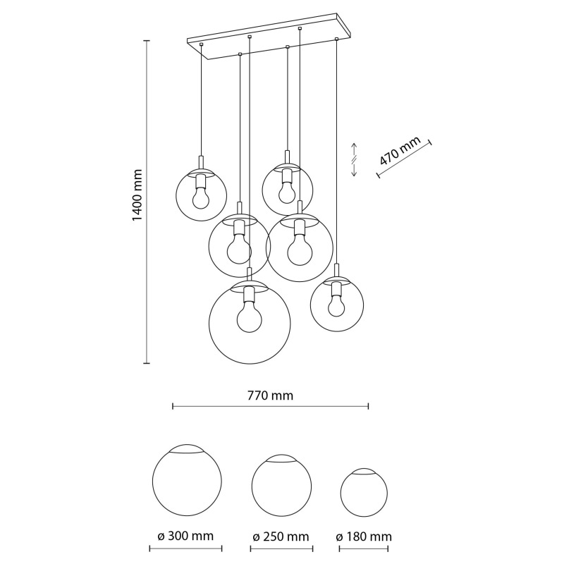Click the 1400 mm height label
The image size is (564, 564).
[137, 195]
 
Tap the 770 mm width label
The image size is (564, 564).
[270, 396]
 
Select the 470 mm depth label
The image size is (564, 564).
[400, 150]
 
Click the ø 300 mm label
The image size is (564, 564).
[185, 536]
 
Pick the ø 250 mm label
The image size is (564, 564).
[281, 537]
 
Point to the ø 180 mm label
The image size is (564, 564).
[364, 537]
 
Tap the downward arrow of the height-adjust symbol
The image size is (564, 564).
[354, 170]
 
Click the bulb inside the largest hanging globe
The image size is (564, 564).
[250, 319]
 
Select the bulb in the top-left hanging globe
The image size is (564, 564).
[201, 198]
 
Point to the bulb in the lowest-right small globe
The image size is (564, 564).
[336, 307]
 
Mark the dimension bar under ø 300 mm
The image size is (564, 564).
[185, 549]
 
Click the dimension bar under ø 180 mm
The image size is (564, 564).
[364, 549]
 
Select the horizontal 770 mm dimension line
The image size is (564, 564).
[271, 407]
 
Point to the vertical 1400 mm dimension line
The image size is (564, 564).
[147, 202]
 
